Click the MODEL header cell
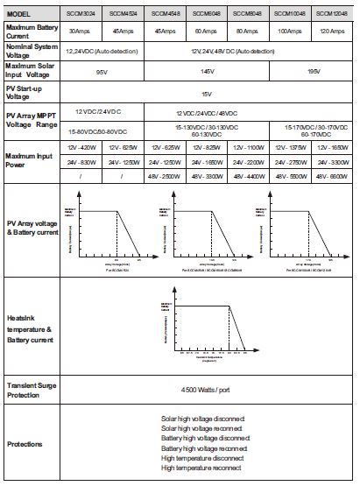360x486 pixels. click(x=19, y=13)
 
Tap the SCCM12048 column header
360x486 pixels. click(x=334, y=13)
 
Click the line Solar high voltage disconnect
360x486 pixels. click(x=203, y=419)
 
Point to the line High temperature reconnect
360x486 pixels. click(x=201, y=468)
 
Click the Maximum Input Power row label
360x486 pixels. click(x=29, y=158)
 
